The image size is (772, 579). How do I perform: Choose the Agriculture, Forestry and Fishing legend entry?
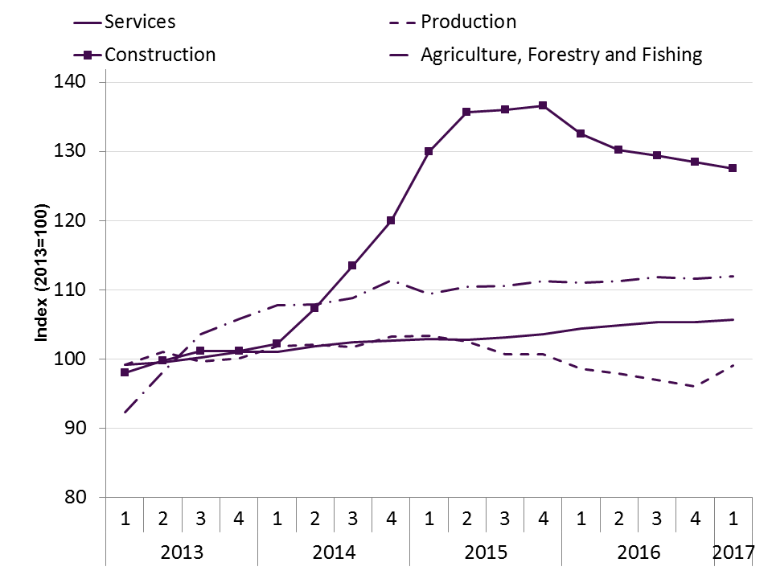click(x=561, y=55)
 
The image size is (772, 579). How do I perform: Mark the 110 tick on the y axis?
click(x=78, y=289)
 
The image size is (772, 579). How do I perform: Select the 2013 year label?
click(x=182, y=552)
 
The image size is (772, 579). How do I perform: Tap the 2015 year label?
click(x=486, y=552)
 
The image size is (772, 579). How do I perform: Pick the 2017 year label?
click(x=733, y=552)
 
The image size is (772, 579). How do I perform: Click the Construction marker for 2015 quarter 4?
click(x=543, y=105)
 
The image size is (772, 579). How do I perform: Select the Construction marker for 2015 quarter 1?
click(x=429, y=151)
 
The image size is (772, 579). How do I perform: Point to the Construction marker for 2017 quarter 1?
click(x=733, y=168)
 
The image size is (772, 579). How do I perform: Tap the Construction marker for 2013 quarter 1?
click(x=125, y=372)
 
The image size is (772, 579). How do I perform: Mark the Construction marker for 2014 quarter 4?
click(x=391, y=220)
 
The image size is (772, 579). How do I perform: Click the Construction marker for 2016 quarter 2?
click(x=618, y=150)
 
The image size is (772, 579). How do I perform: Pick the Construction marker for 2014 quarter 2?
click(x=314, y=308)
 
